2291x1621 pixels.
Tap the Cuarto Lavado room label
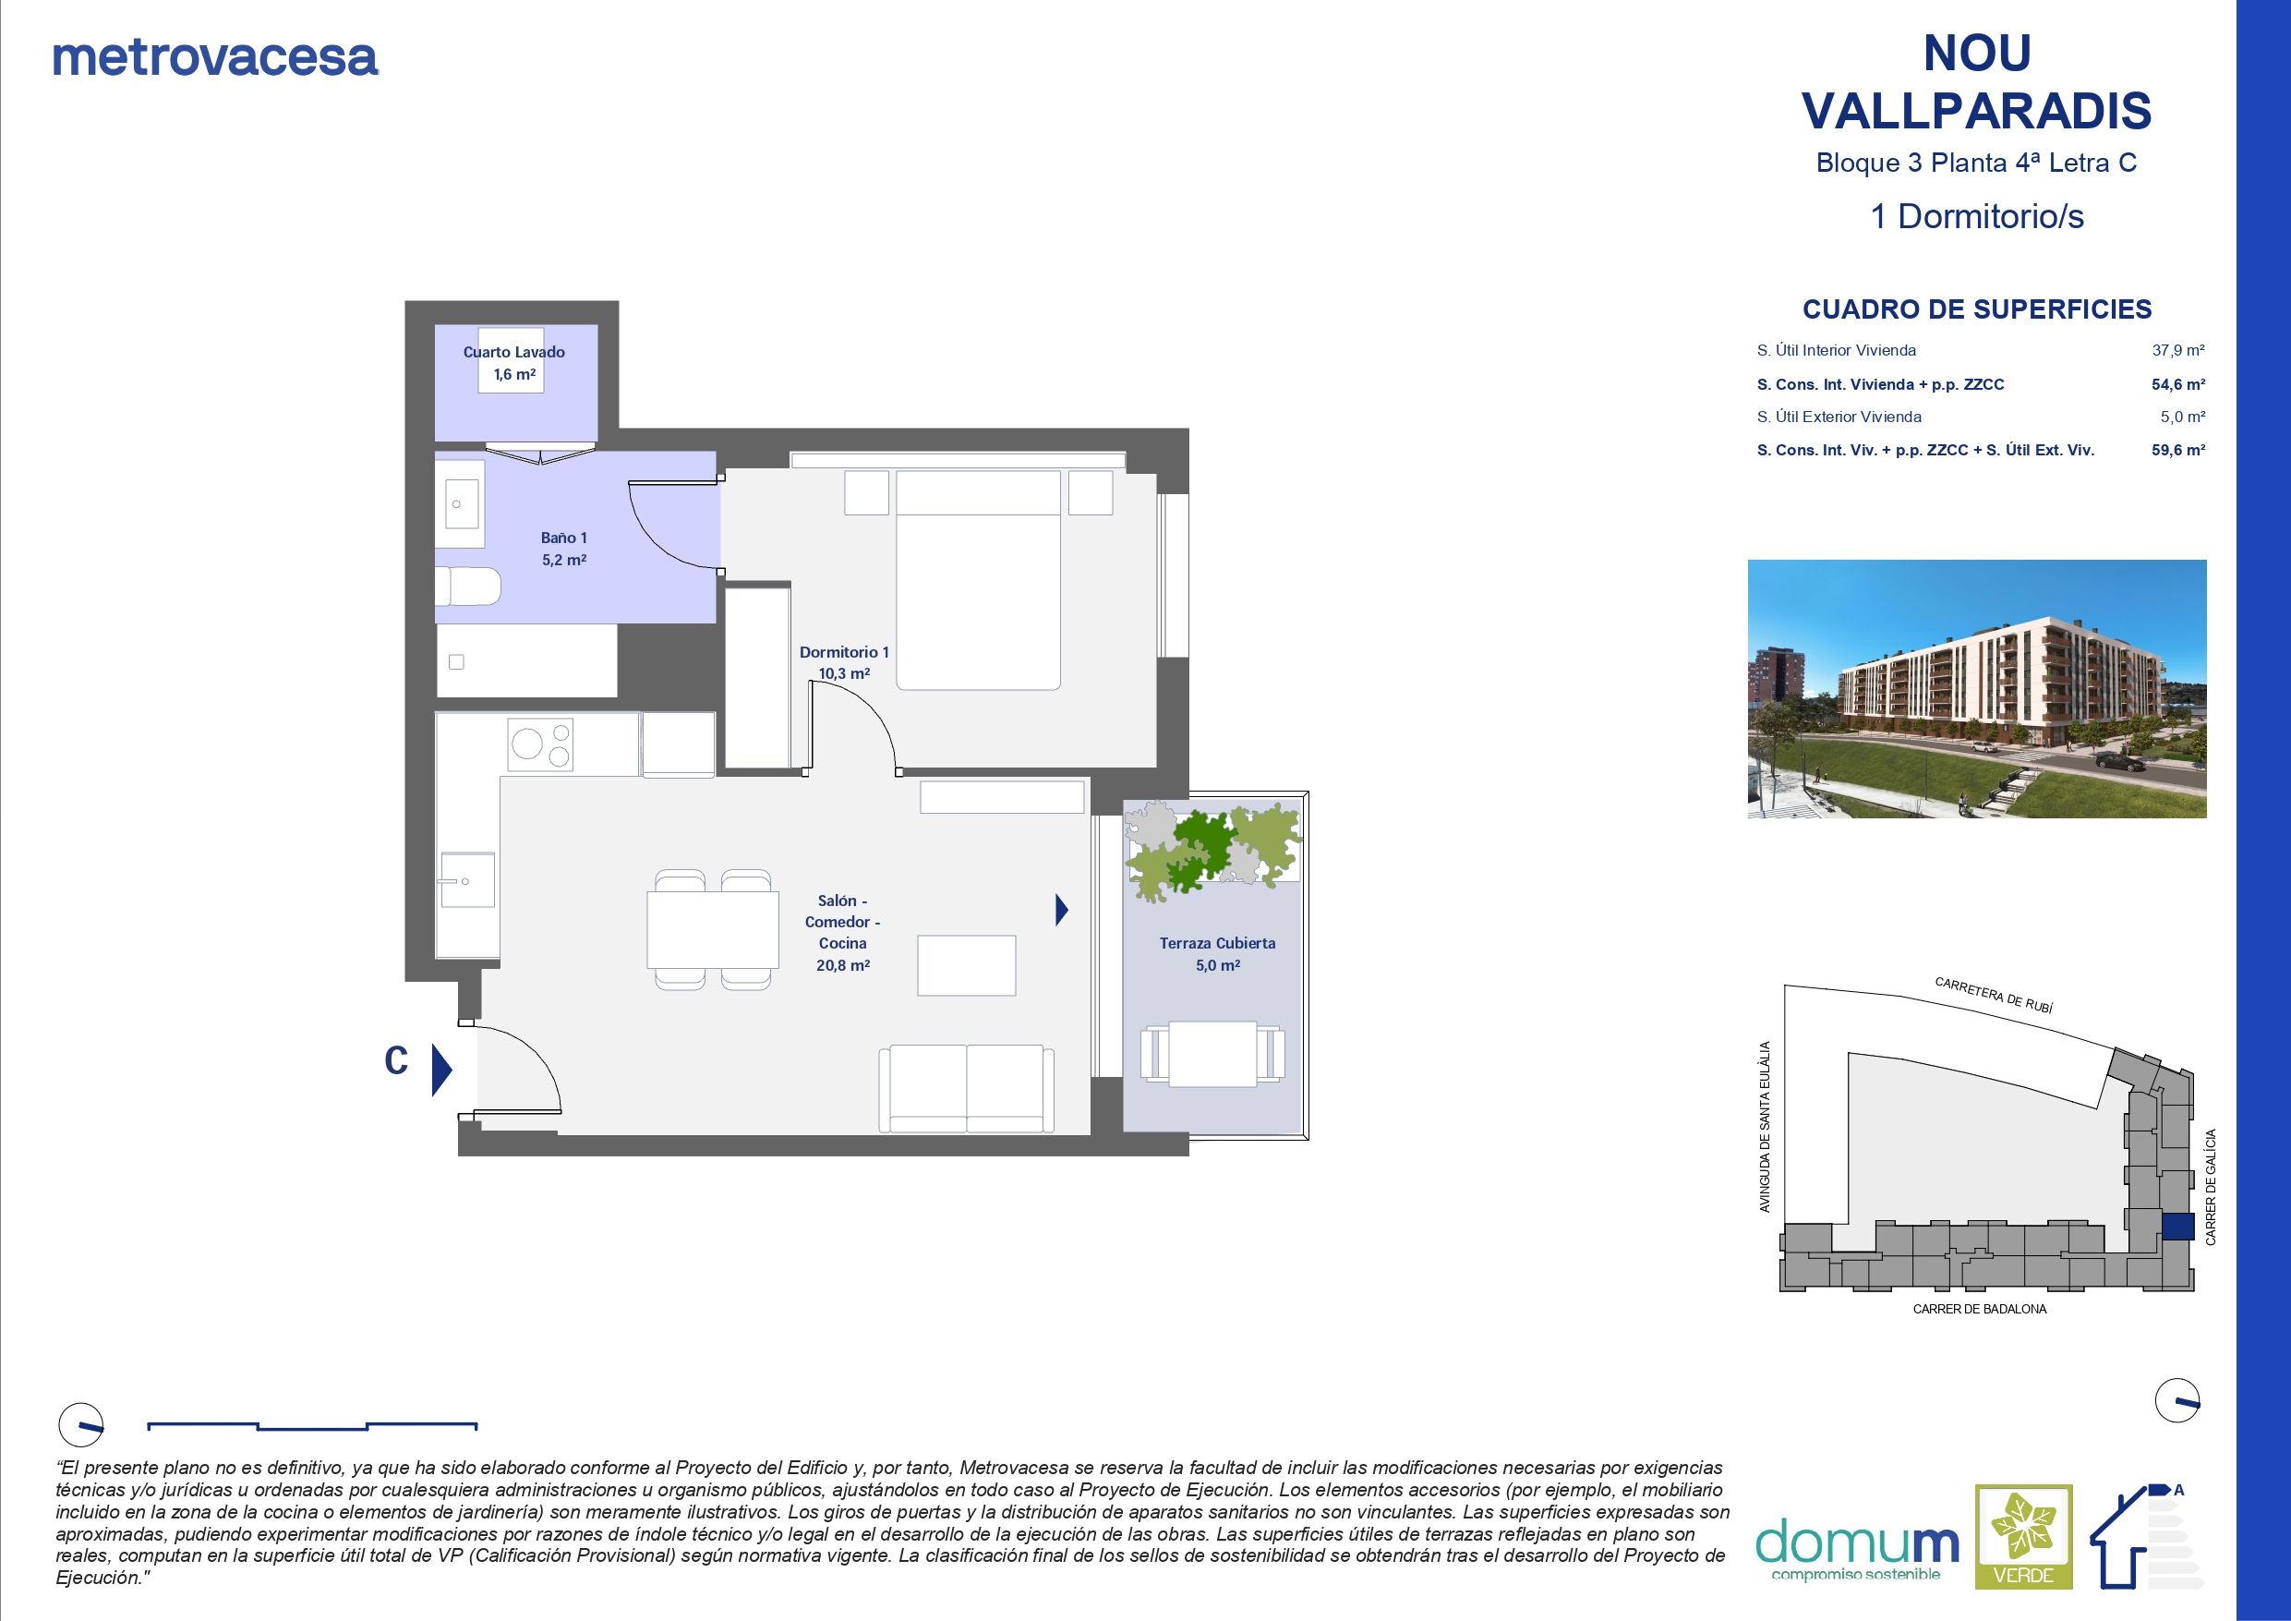pos(513,362)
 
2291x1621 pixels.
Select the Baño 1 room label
pos(564,548)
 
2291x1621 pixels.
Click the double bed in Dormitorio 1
pos(977,580)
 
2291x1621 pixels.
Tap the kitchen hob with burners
pos(540,744)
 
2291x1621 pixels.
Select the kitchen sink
pos(467,879)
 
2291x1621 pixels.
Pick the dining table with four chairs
pos(713,929)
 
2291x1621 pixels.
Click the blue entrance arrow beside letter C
pos(441,1070)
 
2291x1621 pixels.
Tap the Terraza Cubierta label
pos(1216,953)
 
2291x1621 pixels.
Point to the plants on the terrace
pos(1212,850)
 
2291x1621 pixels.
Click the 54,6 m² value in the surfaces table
pos(2177,384)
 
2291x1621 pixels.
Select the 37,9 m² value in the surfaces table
pos(2177,350)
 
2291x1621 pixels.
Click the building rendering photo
pos(1976,689)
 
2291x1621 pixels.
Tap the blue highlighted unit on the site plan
pos(2177,1227)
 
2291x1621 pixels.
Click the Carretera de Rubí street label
pos(1993,995)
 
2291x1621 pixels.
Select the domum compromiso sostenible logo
pos(1856,1550)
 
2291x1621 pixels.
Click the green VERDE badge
pos(2024,1550)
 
